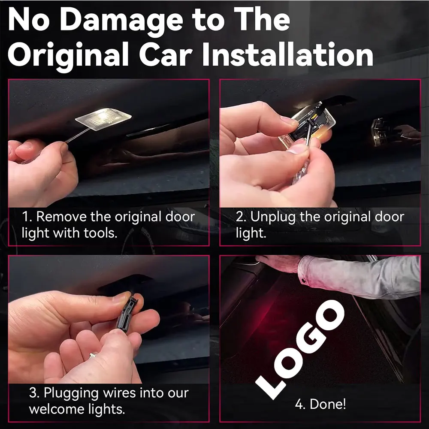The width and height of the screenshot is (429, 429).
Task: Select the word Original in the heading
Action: pyautogui.click(x=68, y=57)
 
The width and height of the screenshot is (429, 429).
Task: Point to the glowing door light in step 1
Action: pyautogui.click(x=103, y=118)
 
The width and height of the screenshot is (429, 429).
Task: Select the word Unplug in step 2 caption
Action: pyautogui.click(x=273, y=218)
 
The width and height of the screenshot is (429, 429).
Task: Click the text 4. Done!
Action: pyautogui.click(x=320, y=404)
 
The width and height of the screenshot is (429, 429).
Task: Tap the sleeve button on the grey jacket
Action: pyautogui.click(x=303, y=281)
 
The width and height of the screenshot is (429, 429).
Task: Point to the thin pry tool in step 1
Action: pyautogui.click(x=78, y=134)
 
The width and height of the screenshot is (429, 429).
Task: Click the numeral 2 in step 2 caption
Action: pyautogui.click(x=239, y=217)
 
